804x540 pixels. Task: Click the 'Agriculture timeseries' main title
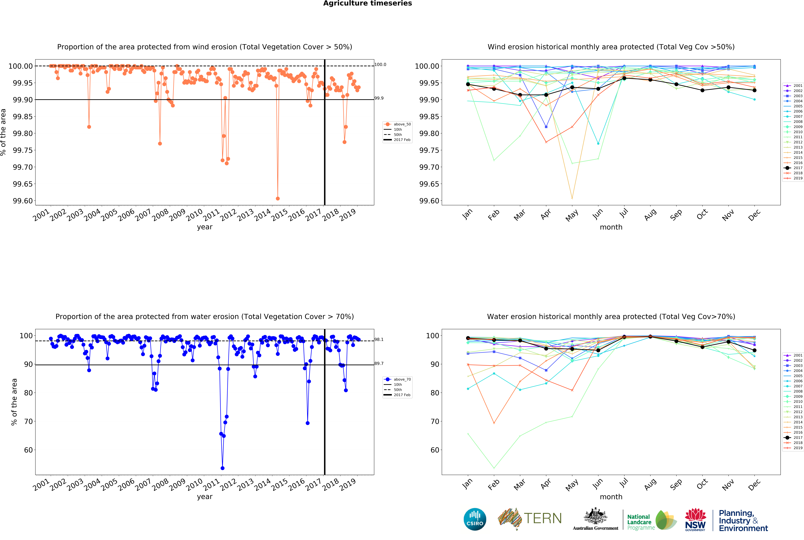[x=367, y=3]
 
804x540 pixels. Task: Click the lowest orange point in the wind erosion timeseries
[x=278, y=198]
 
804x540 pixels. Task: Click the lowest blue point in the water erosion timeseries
[x=223, y=468]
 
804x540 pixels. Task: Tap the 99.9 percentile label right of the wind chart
[x=379, y=98]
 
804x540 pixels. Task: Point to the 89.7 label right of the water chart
[x=379, y=363]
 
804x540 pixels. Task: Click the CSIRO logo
[x=475, y=519]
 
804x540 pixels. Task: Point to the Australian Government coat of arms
[x=595, y=517]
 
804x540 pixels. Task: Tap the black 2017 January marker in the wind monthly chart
[x=468, y=84]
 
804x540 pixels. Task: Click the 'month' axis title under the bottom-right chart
[x=611, y=497]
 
